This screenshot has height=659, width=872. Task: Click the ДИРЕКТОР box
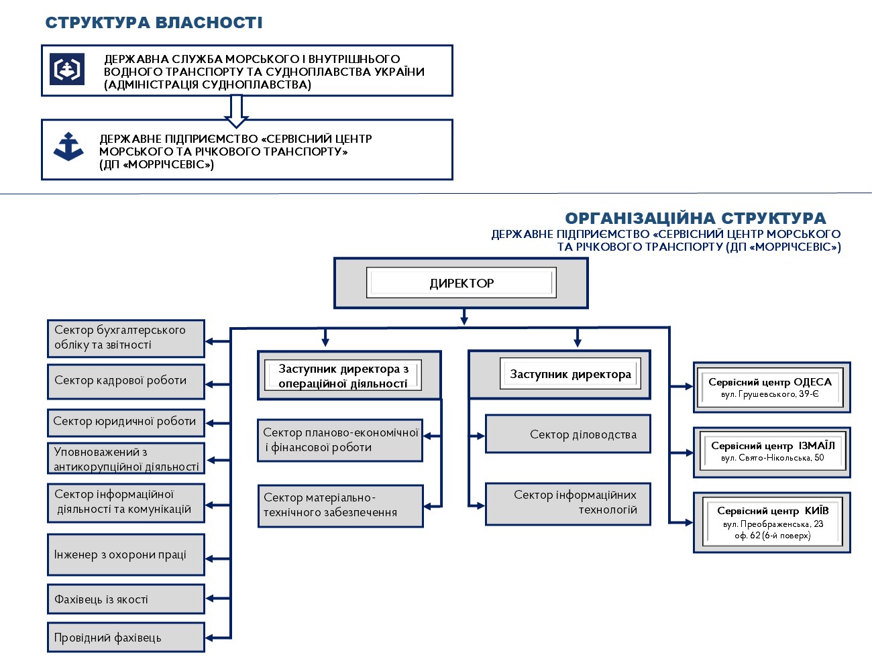(x=461, y=283)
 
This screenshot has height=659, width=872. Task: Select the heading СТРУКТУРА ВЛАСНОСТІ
(x=154, y=23)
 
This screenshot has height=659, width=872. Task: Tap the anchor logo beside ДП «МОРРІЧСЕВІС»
(x=68, y=147)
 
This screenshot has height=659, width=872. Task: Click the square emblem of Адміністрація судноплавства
(x=66, y=69)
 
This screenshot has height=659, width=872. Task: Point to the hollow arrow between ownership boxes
(x=236, y=111)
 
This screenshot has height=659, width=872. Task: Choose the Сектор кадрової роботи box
(x=126, y=381)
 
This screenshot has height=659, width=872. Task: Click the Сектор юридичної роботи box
(x=126, y=422)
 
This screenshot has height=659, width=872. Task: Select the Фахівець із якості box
(x=126, y=599)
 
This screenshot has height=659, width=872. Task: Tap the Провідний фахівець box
(x=126, y=638)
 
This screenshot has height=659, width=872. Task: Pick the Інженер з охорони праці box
(x=126, y=554)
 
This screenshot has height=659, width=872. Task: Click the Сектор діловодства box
(x=567, y=434)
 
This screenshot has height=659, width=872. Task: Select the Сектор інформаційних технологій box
(x=567, y=503)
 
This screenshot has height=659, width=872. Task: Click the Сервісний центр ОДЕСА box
(x=771, y=387)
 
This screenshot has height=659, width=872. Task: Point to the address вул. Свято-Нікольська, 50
(x=772, y=458)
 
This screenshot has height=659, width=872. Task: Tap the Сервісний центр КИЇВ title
(x=773, y=511)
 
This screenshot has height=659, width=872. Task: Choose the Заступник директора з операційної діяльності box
(x=349, y=375)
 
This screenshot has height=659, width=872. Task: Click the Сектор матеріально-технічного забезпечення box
(x=341, y=505)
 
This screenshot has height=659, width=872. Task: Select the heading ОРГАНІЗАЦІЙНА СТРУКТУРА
(x=695, y=219)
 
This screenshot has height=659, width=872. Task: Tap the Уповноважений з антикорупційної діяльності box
(x=126, y=459)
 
